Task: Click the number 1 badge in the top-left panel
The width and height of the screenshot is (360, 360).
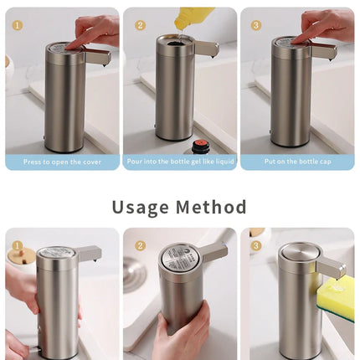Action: (x=18, y=25)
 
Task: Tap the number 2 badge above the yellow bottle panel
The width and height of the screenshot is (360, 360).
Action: (x=140, y=25)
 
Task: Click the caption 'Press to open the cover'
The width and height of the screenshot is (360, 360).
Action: (x=62, y=162)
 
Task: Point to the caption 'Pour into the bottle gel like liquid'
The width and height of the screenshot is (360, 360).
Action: (x=180, y=162)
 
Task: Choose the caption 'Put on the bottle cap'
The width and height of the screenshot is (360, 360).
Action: (x=297, y=162)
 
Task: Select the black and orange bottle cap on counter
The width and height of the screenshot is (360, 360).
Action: (x=200, y=147)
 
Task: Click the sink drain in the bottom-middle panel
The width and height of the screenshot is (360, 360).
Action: (x=134, y=272)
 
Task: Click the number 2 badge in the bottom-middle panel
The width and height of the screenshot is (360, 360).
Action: (x=140, y=246)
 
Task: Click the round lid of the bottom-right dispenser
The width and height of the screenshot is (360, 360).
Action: (x=298, y=250)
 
